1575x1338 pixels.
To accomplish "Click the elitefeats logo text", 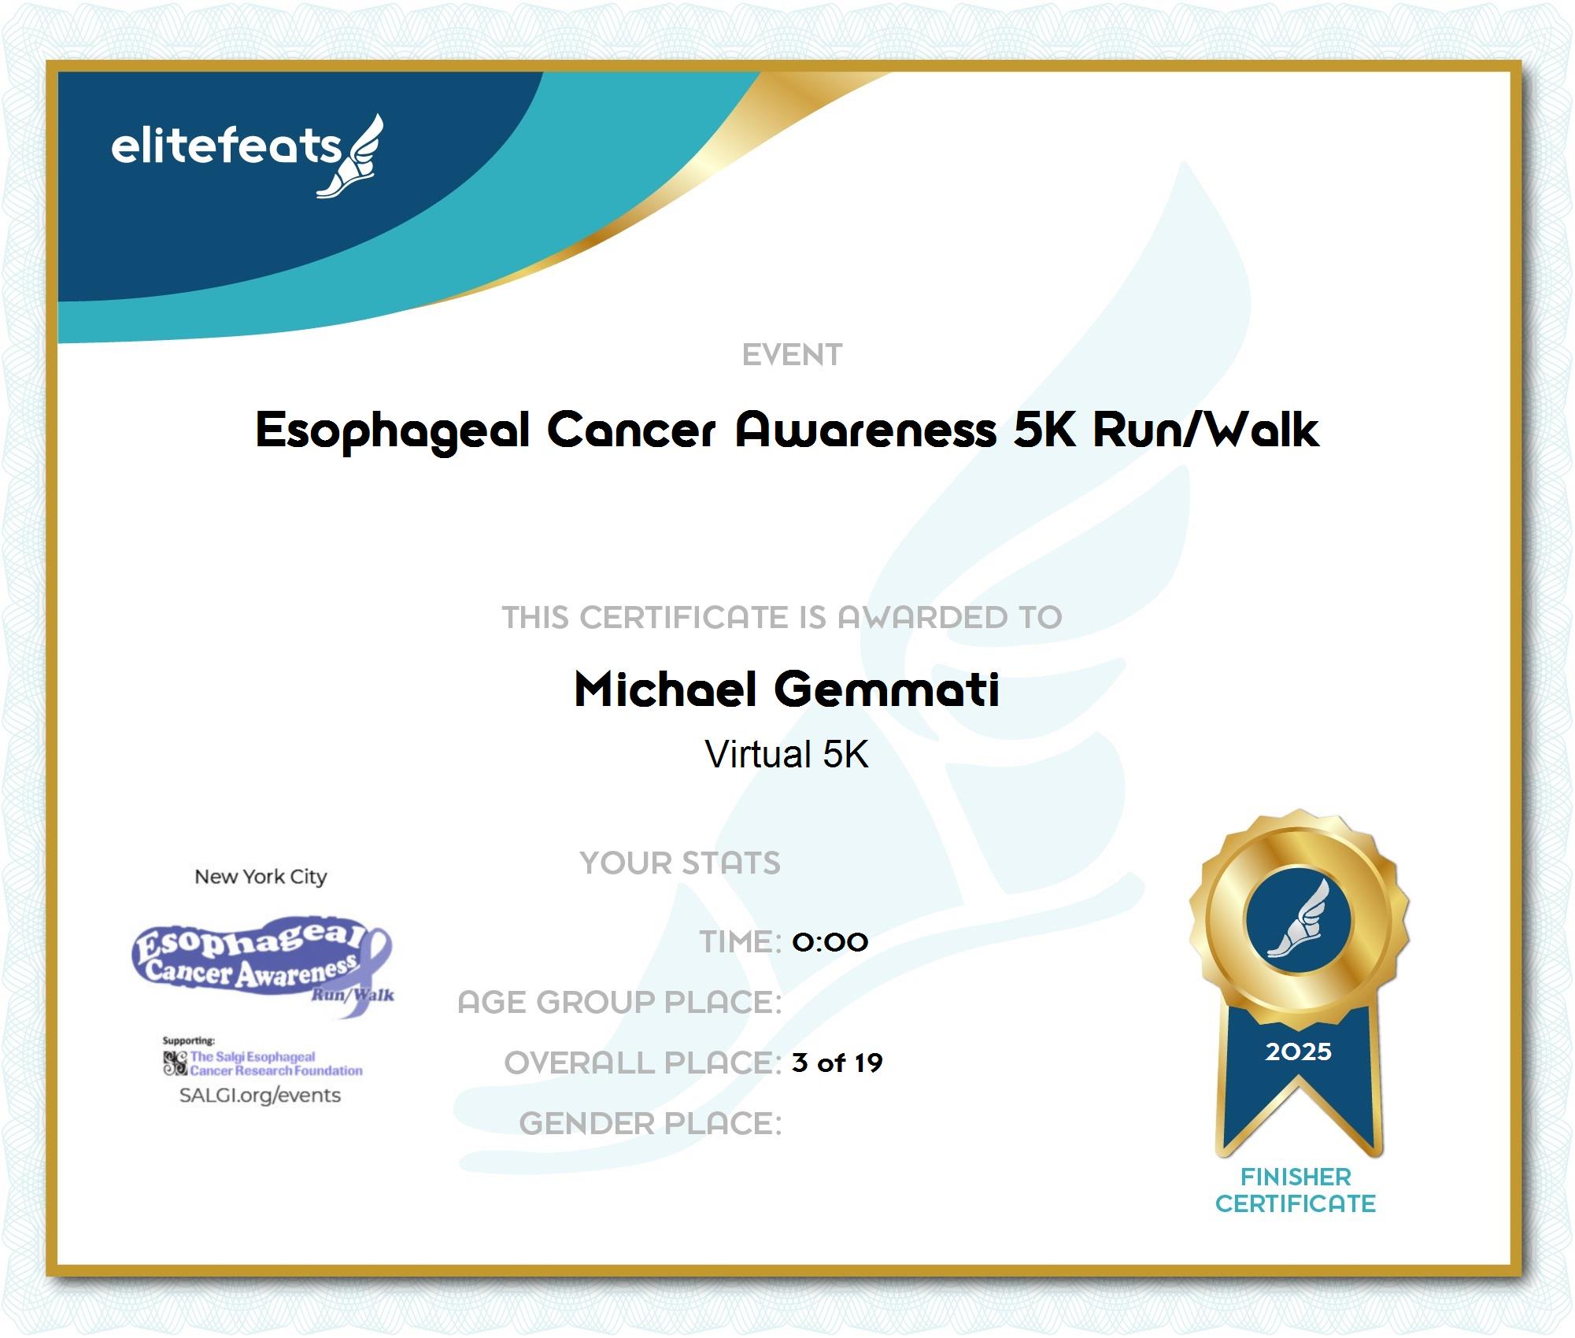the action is [x=226, y=146].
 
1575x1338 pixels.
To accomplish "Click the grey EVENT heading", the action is [x=792, y=355].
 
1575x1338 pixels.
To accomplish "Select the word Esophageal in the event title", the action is [x=393, y=431].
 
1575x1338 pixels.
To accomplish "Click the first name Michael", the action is [x=666, y=689].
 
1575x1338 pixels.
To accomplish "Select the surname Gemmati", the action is [x=887, y=689].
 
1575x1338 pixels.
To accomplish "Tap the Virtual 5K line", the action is [x=787, y=754].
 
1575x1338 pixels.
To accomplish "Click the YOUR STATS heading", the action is [x=680, y=863].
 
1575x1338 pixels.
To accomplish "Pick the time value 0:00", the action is [x=830, y=941].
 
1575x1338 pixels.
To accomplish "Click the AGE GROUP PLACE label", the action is [x=620, y=1002].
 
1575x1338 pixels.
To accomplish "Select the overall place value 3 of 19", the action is [x=837, y=1063].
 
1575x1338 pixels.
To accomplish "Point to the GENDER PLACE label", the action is [x=651, y=1123].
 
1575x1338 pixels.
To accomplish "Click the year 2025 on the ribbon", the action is [x=1299, y=1052].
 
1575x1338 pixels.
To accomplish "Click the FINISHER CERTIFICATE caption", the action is [x=1296, y=1190].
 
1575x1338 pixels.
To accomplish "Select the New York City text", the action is [x=261, y=877].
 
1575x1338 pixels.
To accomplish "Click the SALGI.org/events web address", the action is [x=260, y=1095].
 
